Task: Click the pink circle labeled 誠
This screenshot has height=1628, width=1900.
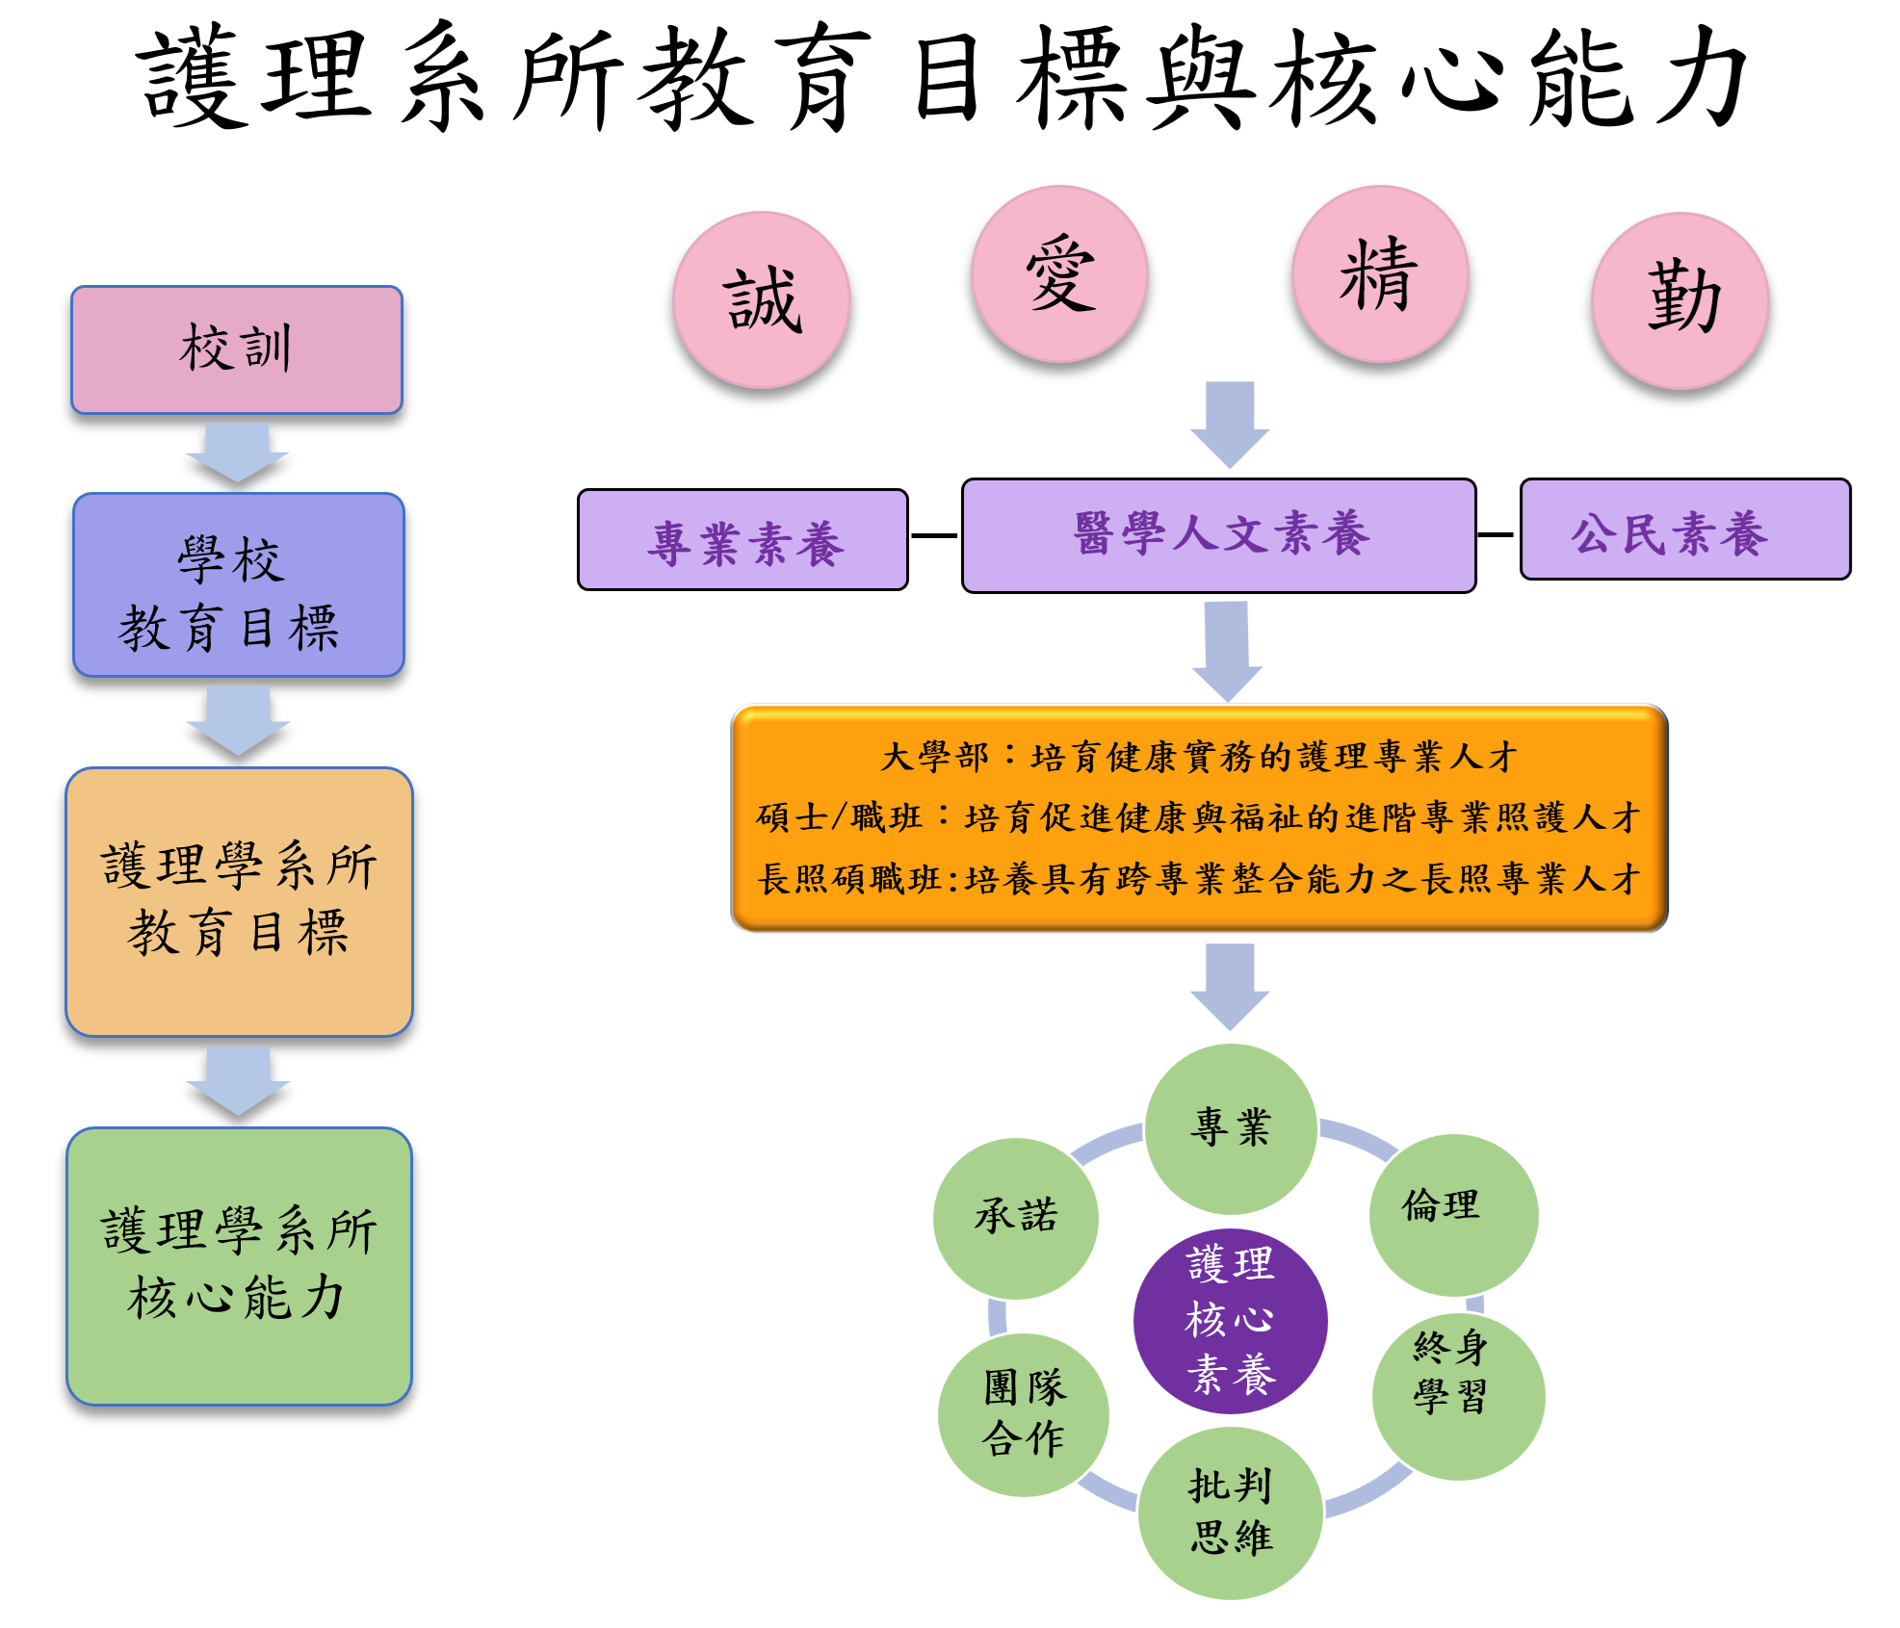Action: point(762,299)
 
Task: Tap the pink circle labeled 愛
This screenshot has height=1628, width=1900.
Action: point(1059,273)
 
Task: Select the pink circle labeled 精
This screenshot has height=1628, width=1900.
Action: point(1380,273)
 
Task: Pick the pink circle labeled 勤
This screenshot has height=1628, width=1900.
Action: point(1680,299)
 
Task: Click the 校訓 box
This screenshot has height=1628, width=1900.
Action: point(237,349)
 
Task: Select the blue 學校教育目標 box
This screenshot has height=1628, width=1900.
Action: point(239,584)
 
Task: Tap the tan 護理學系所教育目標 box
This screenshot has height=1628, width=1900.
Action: point(239,901)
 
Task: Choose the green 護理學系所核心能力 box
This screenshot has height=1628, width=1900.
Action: point(239,1265)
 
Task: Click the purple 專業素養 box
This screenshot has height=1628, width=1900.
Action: point(742,539)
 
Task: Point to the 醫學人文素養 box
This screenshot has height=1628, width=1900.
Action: point(1218,534)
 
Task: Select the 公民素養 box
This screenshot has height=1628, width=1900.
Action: point(1684,530)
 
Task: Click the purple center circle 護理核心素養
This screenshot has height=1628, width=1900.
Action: point(1230,1320)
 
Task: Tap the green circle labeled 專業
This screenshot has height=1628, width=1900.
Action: point(1231,1127)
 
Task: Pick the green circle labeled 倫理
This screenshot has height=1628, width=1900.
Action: point(1453,1213)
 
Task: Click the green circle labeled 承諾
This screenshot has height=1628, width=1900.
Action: point(1015,1217)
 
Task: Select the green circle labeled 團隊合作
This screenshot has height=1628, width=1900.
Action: point(1023,1413)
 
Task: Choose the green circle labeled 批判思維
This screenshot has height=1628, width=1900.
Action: point(1230,1512)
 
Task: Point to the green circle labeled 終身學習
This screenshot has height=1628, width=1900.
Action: point(1457,1396)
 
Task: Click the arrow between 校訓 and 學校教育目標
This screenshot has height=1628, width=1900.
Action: point(237,452)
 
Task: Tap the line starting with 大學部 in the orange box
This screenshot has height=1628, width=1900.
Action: point(1199,757)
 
